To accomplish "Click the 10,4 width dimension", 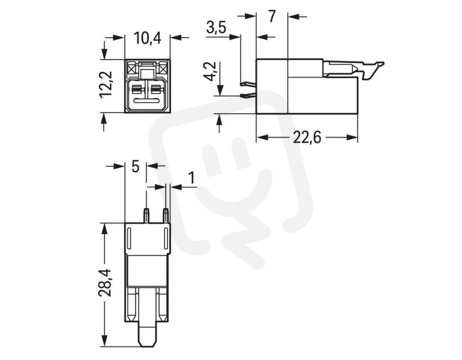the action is [148, 38].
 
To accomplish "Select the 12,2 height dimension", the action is [106, 84].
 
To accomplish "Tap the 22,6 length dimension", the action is [307, 137].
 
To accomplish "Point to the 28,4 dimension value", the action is [106, 283].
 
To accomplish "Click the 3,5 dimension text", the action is [216, 28].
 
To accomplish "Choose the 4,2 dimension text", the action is [211, 71].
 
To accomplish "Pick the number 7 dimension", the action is [272, 17].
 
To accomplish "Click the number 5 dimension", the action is [135, 167].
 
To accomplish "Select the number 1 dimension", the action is [192, 178].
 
